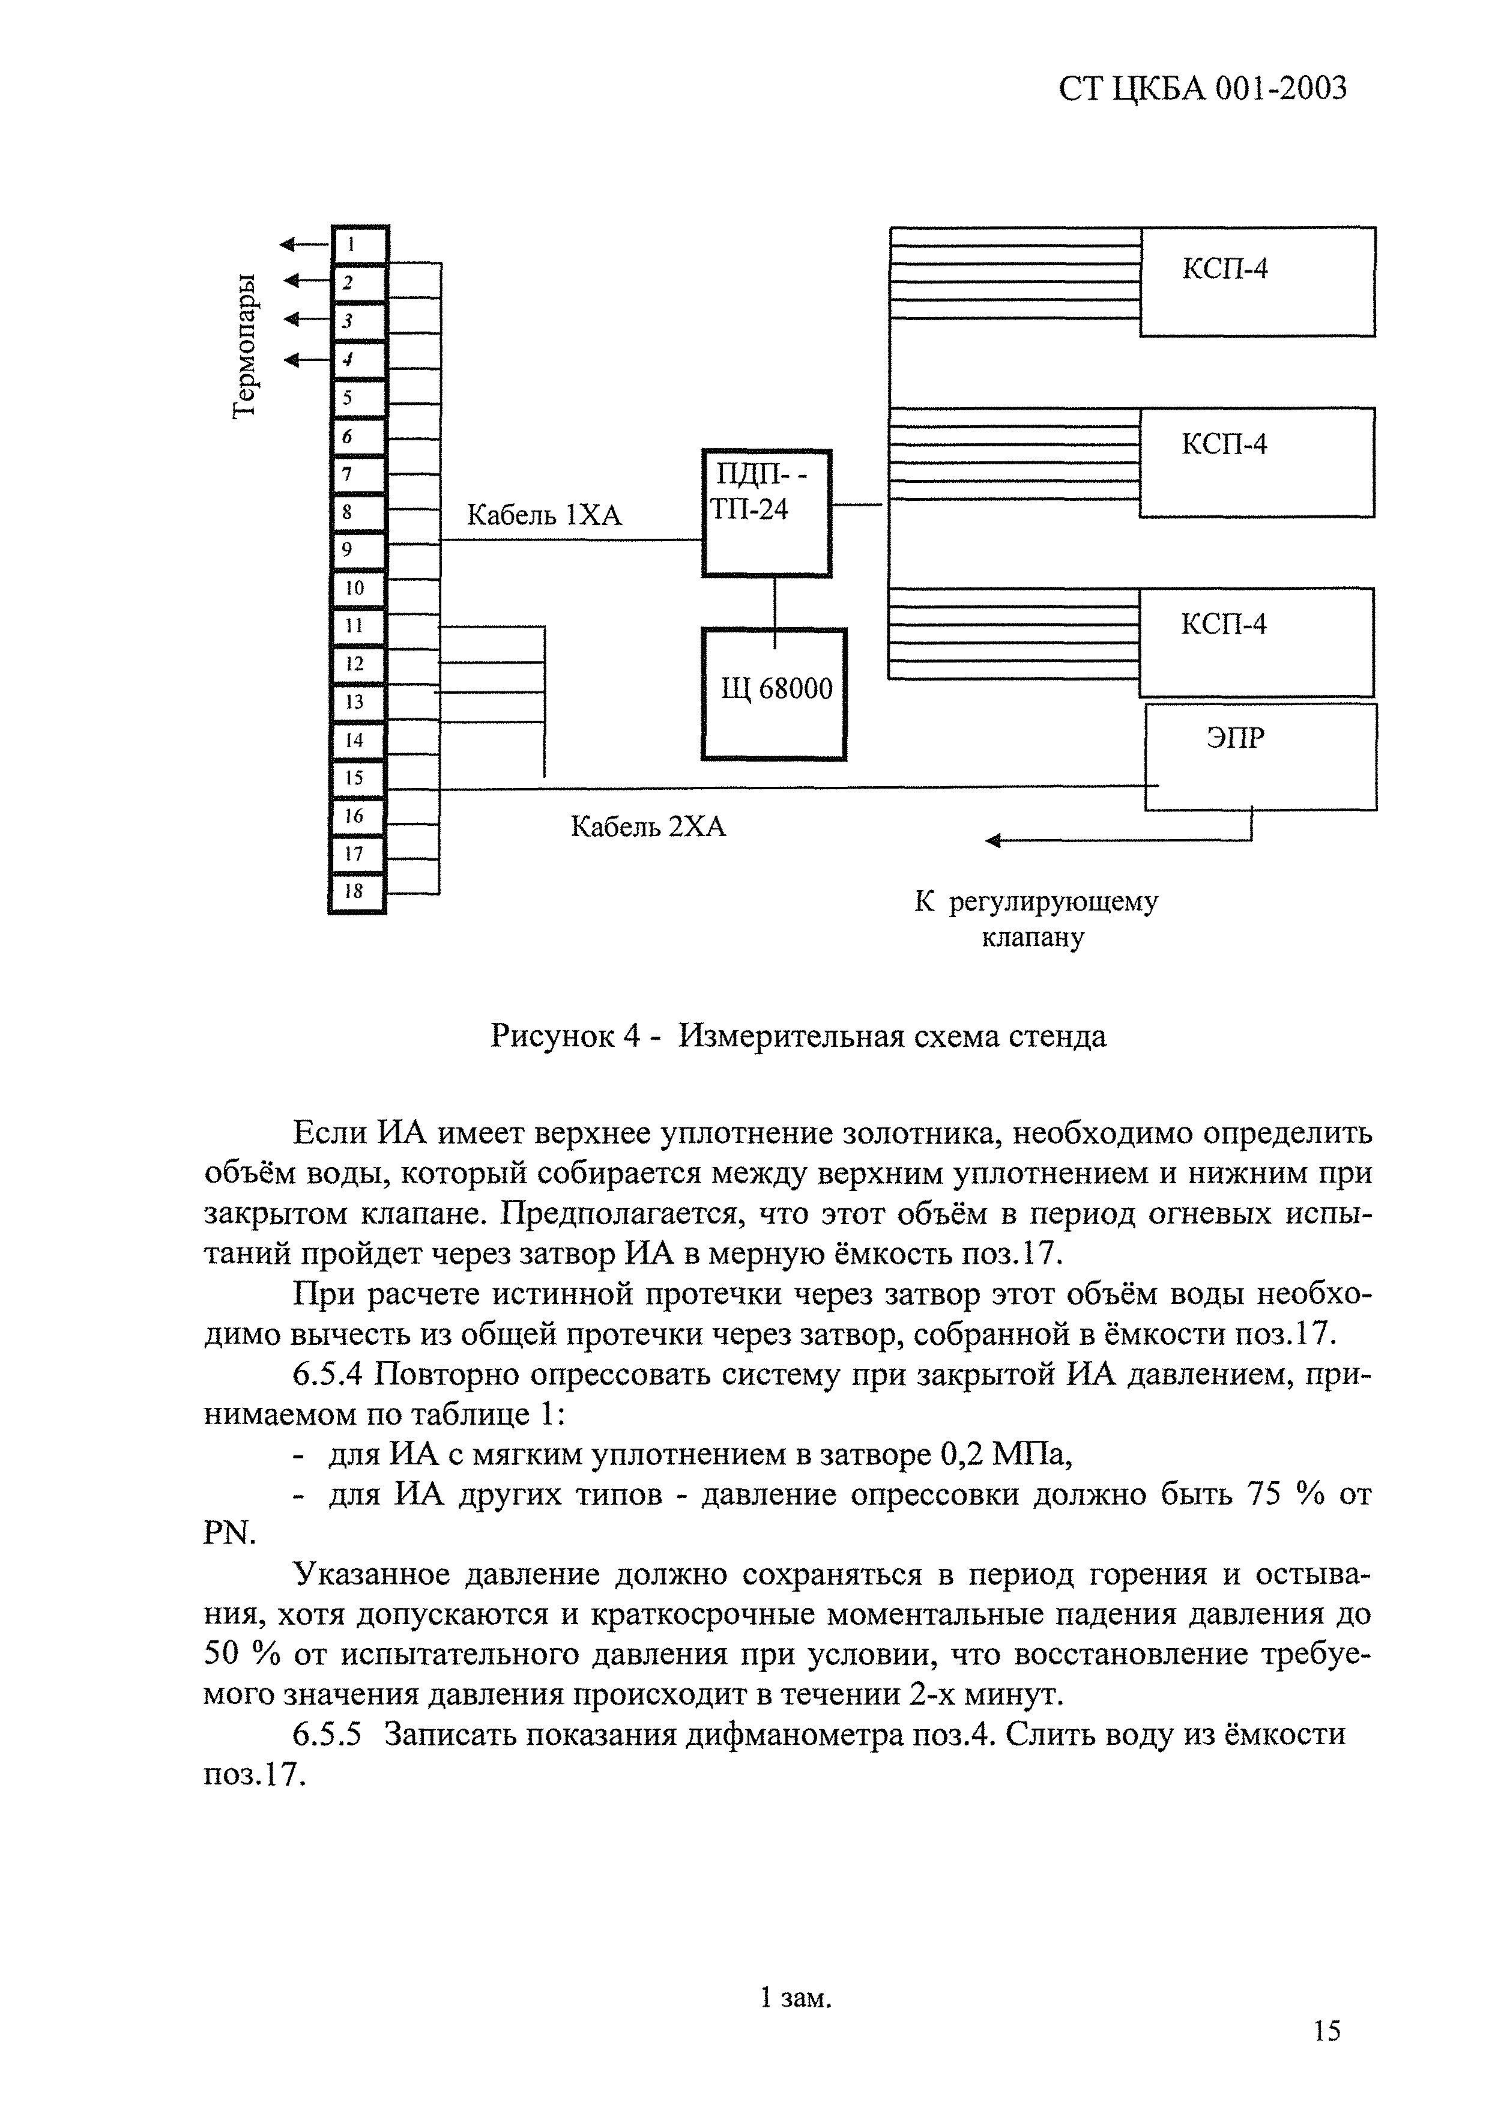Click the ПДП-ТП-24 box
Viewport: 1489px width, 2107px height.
click(x=766, y=512)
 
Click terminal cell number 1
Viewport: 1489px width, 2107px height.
click(x=358, y=245)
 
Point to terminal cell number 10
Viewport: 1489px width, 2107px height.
click(x=356, y=588)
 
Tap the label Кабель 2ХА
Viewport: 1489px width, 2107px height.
click(x=648, y=828)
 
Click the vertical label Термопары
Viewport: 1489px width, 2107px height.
click(x=243, y=347)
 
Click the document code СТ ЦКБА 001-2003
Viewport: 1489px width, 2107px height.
click(x=1202, y=89)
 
